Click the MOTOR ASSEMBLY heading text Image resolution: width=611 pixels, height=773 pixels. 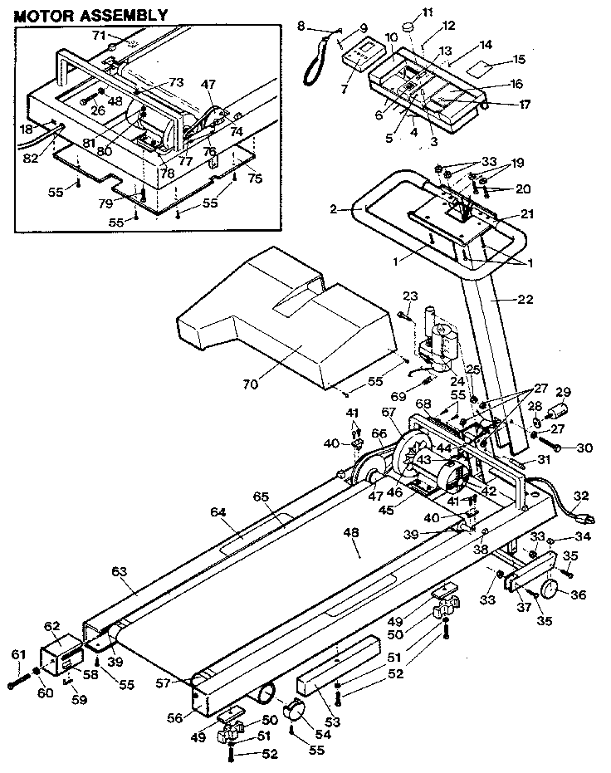(x=91, y=15)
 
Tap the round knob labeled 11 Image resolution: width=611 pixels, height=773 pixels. (x=408, y=27)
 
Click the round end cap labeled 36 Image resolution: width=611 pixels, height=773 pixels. (x=551, y=592)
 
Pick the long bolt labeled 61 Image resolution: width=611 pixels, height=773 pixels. (x=19, y=683)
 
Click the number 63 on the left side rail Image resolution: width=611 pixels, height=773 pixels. (x=121, y=572)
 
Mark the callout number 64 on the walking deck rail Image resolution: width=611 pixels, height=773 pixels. (x=218, y=513)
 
